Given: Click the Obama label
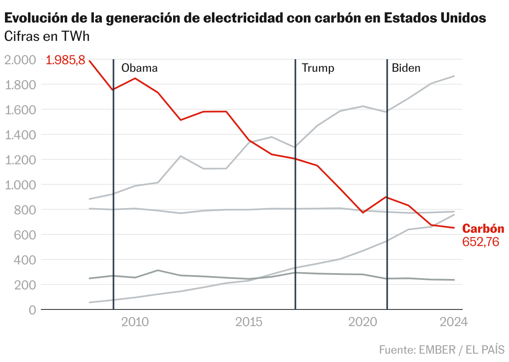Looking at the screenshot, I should (139, 68).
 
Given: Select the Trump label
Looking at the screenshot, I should (318, 68).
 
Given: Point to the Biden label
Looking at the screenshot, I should (406, 68).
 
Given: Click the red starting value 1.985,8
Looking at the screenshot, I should (66, 60).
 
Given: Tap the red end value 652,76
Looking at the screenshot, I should (481, 242).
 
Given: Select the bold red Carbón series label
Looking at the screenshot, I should (483, 229).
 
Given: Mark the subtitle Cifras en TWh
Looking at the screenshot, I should (47, 37).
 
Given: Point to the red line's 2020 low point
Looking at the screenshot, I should (363, 213).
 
